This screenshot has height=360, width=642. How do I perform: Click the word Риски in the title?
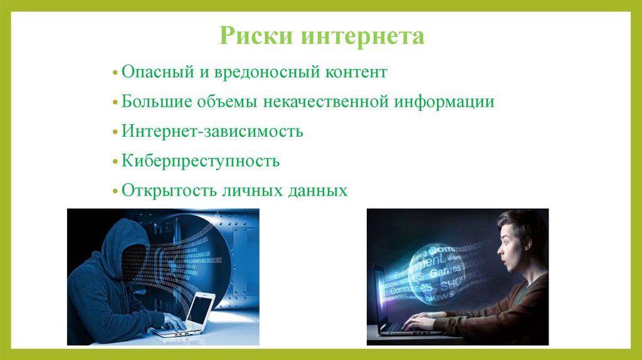256,36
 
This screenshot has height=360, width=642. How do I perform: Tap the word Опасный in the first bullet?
157,72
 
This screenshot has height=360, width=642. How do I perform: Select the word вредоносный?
263,72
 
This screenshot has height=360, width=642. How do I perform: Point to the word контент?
355,72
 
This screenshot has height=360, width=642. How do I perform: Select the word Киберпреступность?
201,161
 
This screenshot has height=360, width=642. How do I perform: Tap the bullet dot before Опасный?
115,73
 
